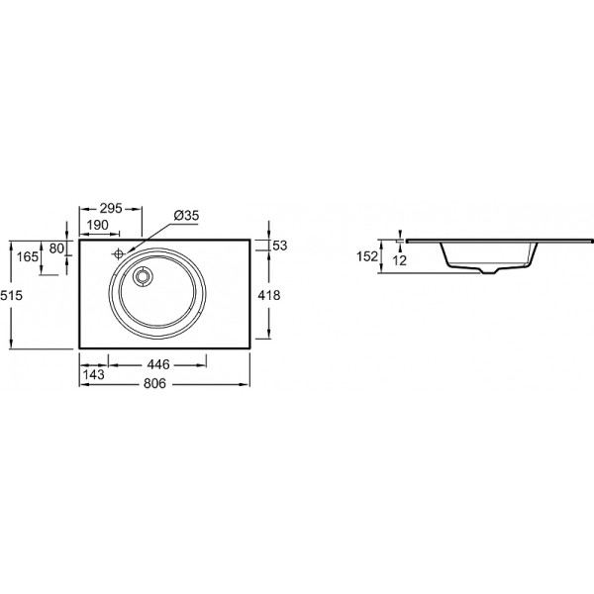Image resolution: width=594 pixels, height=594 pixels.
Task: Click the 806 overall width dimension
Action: pos(155,384)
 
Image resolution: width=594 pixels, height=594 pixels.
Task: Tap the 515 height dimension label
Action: pos(11,295)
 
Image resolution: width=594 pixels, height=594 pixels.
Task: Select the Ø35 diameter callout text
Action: pos(186,216)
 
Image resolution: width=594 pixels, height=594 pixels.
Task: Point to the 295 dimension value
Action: pos(111,208)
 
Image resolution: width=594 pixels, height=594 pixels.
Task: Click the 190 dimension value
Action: pos(98,225)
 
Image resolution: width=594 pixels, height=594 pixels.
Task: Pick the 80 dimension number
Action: pos(56,248)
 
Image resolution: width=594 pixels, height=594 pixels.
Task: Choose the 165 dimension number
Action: pos(28,256)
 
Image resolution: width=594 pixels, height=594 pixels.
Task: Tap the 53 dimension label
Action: pos(280,246)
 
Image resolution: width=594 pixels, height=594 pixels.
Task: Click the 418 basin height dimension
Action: pos(269,295)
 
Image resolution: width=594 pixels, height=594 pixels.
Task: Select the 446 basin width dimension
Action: pos(158,364)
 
